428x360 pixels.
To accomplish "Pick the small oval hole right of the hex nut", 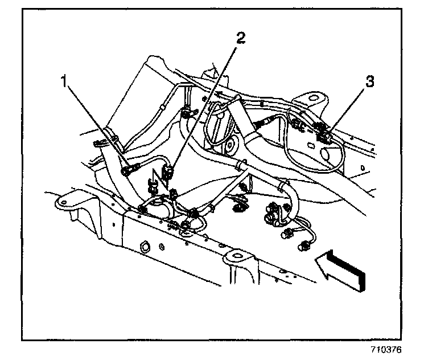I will click(x=162, y=247).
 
